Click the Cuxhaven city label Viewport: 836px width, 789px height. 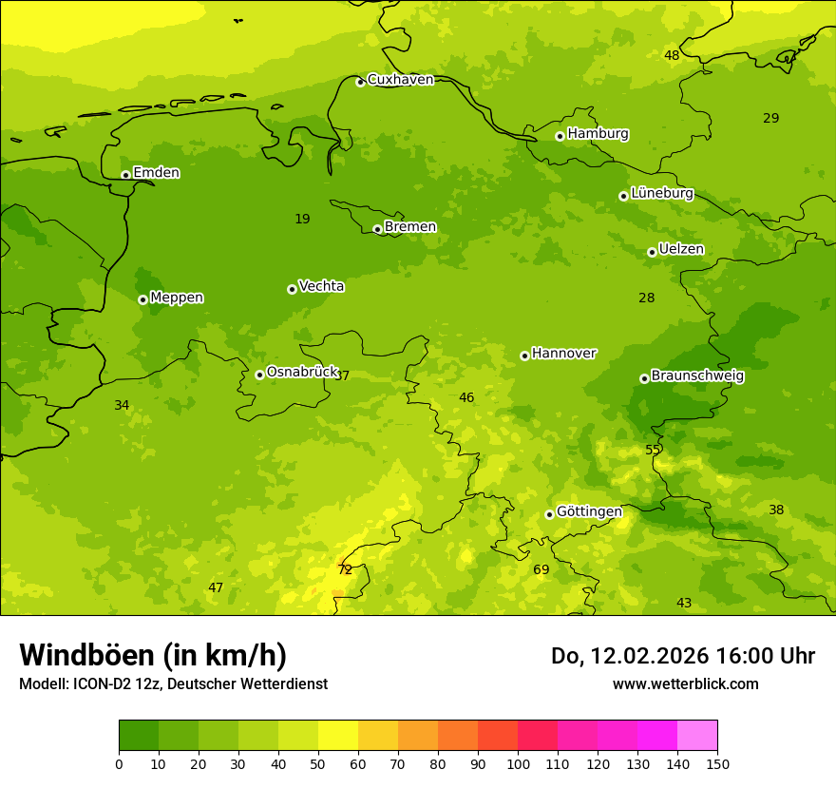click(400, 80)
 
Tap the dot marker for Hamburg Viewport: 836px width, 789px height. click(560, 136)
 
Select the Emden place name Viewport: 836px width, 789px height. click(156, 173)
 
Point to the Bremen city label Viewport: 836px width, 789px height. click(409, 227)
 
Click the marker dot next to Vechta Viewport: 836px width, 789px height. click(292, 289)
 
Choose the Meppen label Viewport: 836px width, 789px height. click(177, 298)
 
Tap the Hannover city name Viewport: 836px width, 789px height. click(563, 354)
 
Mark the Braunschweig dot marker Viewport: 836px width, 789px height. click(644, 378)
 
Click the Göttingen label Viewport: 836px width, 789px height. click(589, 511)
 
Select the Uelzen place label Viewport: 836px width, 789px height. click(681, 250)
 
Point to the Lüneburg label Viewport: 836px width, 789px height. click(661, 193)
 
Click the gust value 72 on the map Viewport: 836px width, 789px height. click(345, 570)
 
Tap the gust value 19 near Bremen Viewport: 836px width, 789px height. click(302, 220)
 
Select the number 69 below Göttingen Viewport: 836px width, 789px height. click(541, 570)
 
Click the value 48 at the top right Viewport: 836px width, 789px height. click(672, 56)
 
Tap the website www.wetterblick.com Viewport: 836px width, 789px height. click(685, 684)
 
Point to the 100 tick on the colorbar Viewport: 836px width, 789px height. click(518, 763)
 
